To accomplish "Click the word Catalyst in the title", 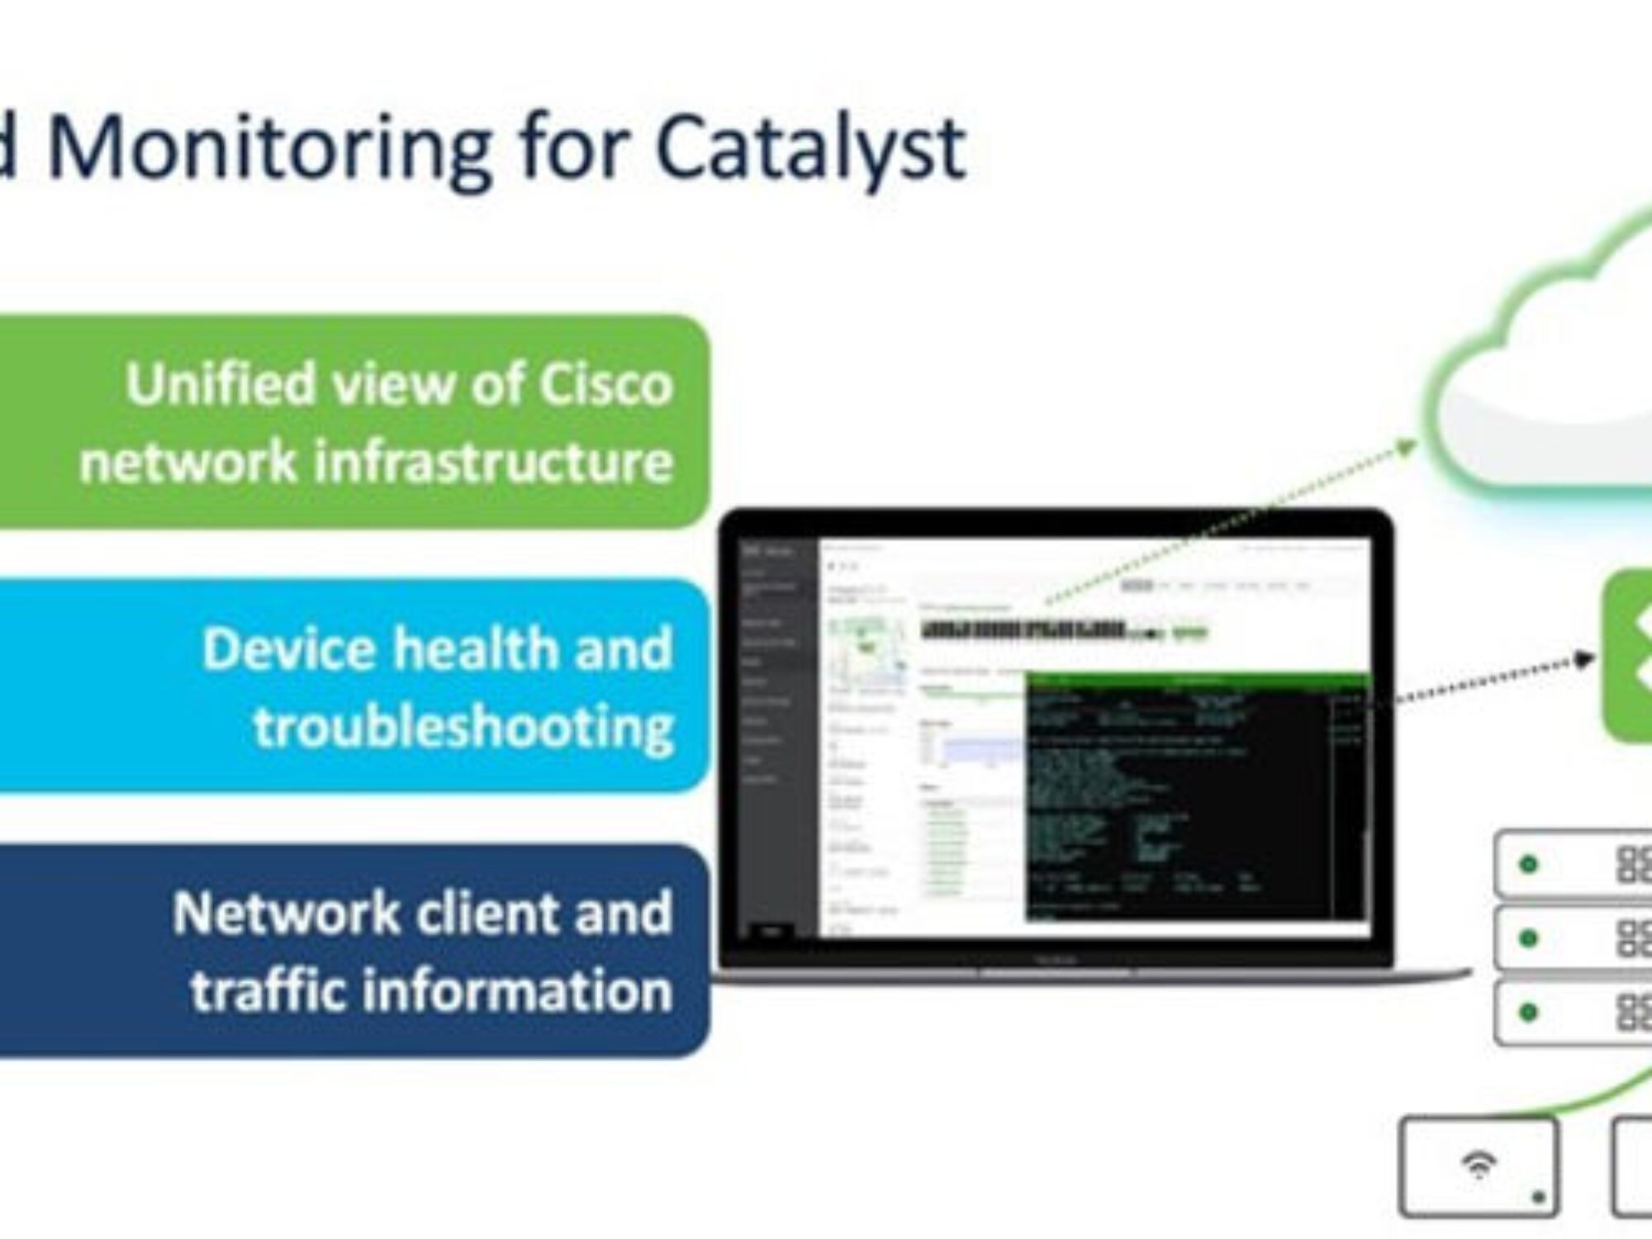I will tap(809, 149).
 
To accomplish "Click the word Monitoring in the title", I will tap(268, 149).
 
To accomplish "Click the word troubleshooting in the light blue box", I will tap(463, 727).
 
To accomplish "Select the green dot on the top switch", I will tap(1528, 864).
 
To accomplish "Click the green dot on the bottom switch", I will tap(1528, 1012).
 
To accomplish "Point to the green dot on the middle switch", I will tap(1528, 938).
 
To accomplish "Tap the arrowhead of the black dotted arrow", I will tap(1584, 659).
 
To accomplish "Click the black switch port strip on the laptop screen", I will tap(1024, 630).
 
